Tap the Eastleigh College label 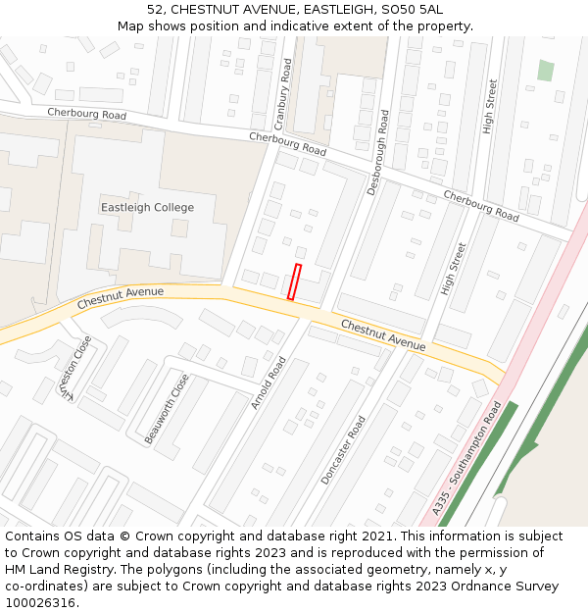click(147, 208)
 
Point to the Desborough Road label click(377, 152)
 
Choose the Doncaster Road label click(343, 449)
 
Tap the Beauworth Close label click(166, 409)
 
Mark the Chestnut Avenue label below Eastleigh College click(120, 294)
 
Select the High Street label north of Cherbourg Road click(490, 106)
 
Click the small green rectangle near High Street click(545, 71)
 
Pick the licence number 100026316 click(40, 603)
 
